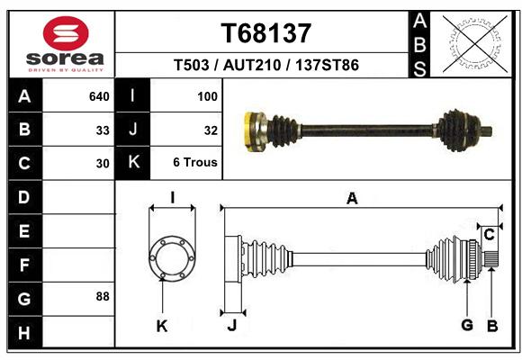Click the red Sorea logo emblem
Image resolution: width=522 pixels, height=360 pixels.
click(x=66, y=33)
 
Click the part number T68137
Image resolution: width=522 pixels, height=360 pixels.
click(x=266, y=33)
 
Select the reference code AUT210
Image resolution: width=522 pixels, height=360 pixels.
click(x=252, y=65)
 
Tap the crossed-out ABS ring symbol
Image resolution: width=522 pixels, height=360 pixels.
click(x=475, y=44)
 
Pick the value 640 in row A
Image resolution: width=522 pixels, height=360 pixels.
click(x=99, y=96)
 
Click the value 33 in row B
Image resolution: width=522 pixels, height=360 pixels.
click(x=103, y=130)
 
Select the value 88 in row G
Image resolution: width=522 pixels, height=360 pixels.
click(x=103, y=296)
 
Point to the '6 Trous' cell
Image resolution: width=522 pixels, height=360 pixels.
click(x=195, y=162)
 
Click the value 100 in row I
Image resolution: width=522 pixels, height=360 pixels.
click(x=207, y=96)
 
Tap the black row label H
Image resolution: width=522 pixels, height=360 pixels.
click(x=24, y=333)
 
